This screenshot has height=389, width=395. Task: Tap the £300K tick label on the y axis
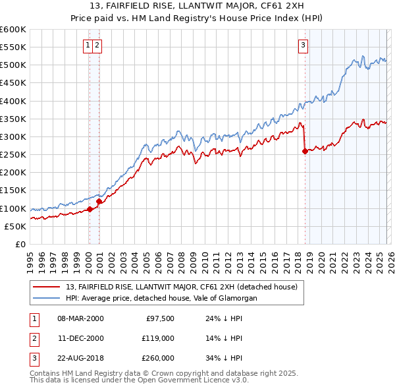13,136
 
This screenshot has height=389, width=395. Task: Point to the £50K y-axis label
15,226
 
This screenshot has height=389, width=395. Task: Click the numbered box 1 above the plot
88,45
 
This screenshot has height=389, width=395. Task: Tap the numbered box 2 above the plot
97,45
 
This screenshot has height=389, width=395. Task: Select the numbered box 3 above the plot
302,45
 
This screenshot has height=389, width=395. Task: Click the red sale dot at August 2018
305,151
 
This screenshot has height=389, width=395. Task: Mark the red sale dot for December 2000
99,202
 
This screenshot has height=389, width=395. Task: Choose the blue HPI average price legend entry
161,298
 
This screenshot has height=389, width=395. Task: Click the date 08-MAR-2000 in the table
80,318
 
